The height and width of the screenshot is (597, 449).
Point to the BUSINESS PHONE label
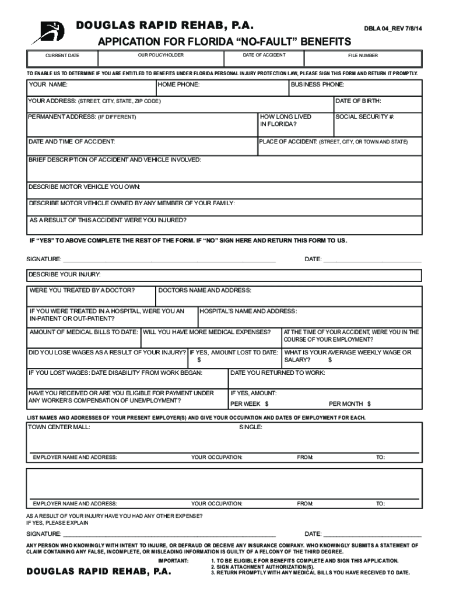(317, 85)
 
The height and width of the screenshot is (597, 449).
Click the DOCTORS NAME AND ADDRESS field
(288, 296)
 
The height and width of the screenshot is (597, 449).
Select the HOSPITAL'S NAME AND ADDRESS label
(248, 311)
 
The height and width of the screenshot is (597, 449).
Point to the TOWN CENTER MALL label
(59, 427)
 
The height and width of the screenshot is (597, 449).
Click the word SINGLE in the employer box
(251, 427)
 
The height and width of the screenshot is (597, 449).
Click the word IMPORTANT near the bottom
(174, 560)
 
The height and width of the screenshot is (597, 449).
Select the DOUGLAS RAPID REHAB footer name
(99, 572)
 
